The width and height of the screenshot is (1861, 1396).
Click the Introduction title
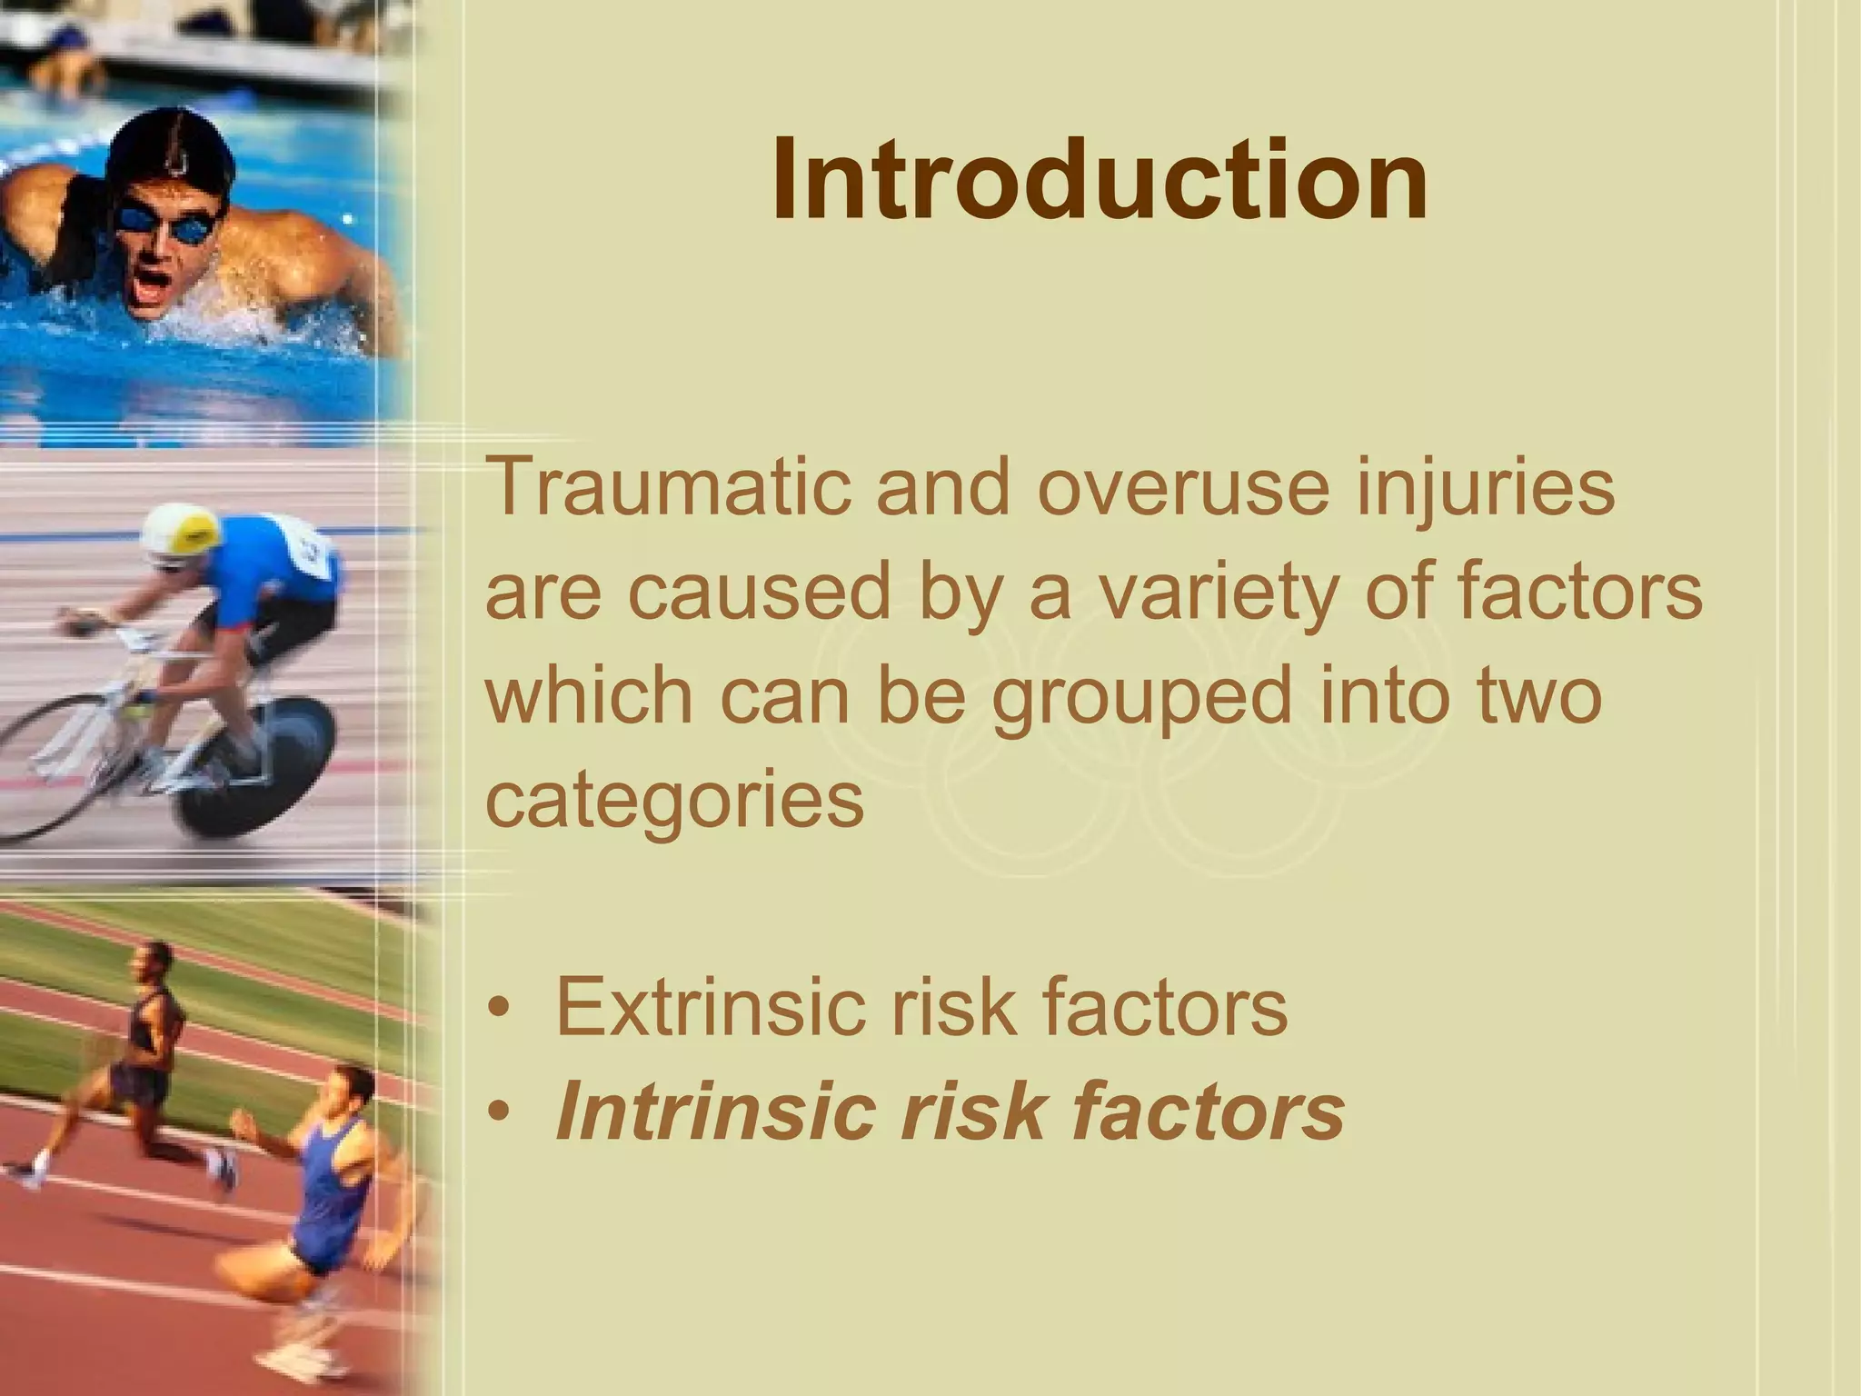pyautogui.click(x=1100, y=179)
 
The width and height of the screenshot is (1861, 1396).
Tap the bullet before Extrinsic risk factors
pyautogui.click(x=498, y=1010)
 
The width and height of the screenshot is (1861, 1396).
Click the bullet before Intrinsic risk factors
pyautogui.click(x=498, y=1113)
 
